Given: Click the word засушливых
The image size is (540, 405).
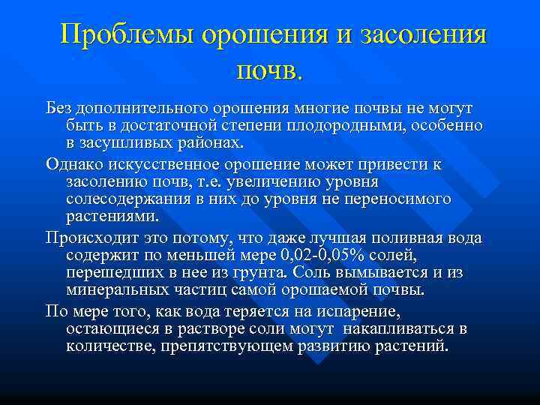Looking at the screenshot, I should click(x=127, y=142).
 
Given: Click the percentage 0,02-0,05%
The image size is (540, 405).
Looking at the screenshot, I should click(x=312, y=256).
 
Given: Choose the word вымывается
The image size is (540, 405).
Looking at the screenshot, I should click(x=386, y=273).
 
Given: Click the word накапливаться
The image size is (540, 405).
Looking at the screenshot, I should click(x=404, y=329).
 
